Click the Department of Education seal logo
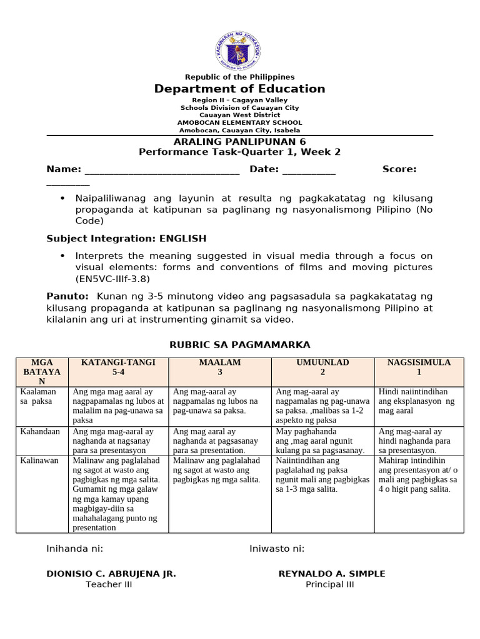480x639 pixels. pyautogui.click(x=240, y=46)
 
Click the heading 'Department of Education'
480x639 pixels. pyautogui.click(x=240, y=89)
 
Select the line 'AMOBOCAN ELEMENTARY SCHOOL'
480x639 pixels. pyautogui.click(x=240, y=123)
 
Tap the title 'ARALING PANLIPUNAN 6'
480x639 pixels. pyautogui.click(x=240, y=142)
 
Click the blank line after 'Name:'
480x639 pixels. pyautogui.click(x=162, y=169)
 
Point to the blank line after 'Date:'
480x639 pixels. pyautogui.click(x=309, y=169)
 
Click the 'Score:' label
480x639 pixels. pyautogui.click(x=399, y=169)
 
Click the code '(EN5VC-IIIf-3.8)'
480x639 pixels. pyautogui.click(x=112, y=278)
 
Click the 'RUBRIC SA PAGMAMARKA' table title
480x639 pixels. pyautogui.click(x=240, y=345)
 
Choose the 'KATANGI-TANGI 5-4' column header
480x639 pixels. pyautogui.click(x=118, y=367)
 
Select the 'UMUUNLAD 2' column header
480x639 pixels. pyautogui.click(x=322, y=367)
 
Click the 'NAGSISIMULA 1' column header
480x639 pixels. pyautogui.click(x=419, y=367)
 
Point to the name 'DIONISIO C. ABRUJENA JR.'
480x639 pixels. pyautogui.click(x=111, y=573)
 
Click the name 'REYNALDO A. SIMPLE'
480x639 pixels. pyautogui.click(x=332, y=573)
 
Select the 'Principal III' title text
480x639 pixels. pyautogui.click(x=329, y=584)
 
